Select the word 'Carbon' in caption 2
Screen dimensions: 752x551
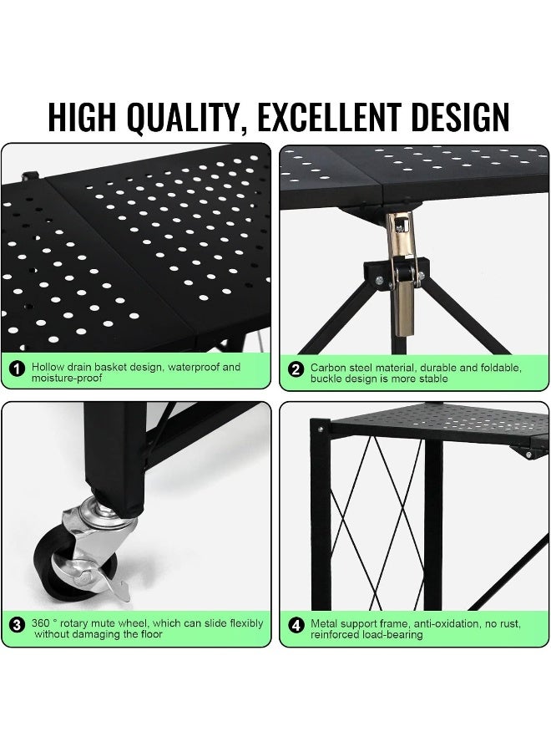(x=328, y=366)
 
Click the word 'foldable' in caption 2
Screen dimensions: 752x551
(x=500, y=366)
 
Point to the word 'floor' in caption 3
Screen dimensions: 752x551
(x=150, y=634)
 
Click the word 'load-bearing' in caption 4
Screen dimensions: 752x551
(x=394, y=634)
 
